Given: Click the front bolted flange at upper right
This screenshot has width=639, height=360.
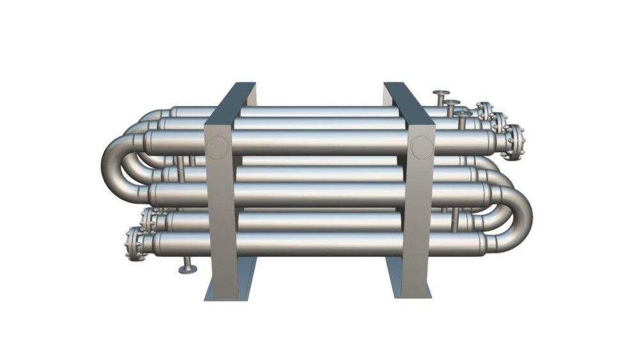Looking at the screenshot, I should [515, 142].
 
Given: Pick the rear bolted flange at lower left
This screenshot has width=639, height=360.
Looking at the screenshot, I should [148, 220].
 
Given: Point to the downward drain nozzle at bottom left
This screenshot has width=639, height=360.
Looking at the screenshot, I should [187, 266].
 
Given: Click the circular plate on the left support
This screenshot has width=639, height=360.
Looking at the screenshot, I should [217, 148].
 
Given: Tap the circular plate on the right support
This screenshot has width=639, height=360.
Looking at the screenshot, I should [421, 148].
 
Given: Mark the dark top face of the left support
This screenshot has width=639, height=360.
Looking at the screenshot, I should [231, 102].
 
